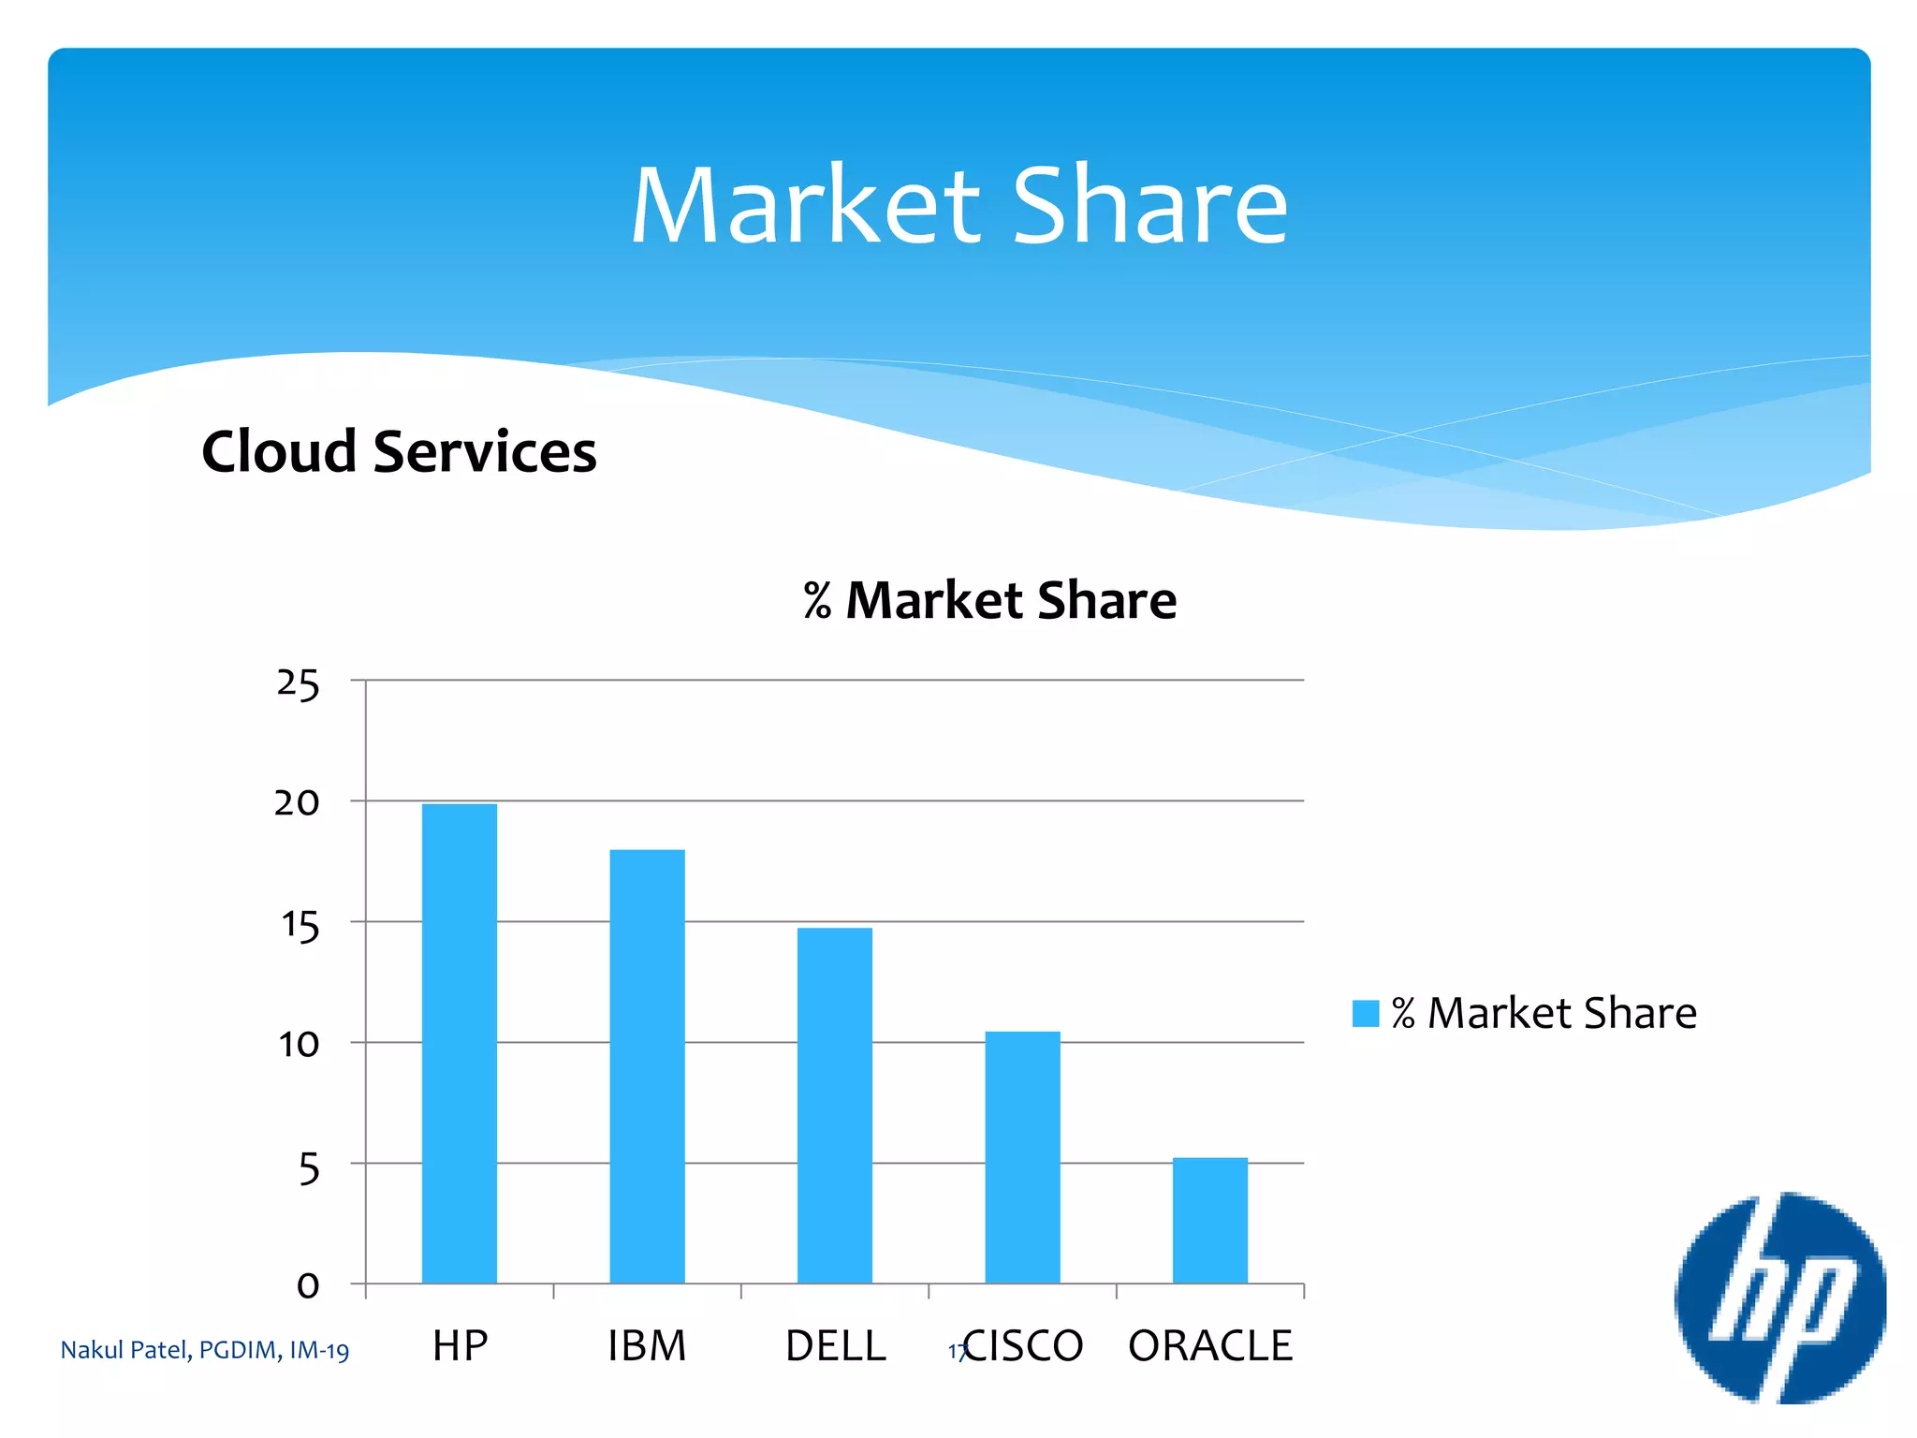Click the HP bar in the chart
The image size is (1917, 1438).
tap(459, 1043)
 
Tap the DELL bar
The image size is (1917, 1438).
tap(834, 1105)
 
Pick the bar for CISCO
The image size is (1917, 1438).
tap(1022, 1157)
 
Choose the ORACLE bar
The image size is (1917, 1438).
tap(1209, 1220)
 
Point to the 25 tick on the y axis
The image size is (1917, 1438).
tap(298, 683)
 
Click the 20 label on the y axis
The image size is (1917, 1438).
tap(297, 803)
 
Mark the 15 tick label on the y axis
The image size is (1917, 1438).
tap(300, 925)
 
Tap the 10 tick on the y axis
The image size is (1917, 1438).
tap(299, 1045)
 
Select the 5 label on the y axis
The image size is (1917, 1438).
tap(309, 1167)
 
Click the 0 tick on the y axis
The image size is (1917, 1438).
tap(308, 1286)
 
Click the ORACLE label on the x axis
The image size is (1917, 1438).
tap(1209, 1346)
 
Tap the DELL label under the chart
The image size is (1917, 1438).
tap(835, 1346)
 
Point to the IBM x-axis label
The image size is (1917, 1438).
tap(647, 1346)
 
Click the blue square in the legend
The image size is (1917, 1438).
tap(1365, 1014)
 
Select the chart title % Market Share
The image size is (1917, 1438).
tap(989, 600)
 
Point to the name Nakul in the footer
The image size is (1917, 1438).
tap(91, 1350)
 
